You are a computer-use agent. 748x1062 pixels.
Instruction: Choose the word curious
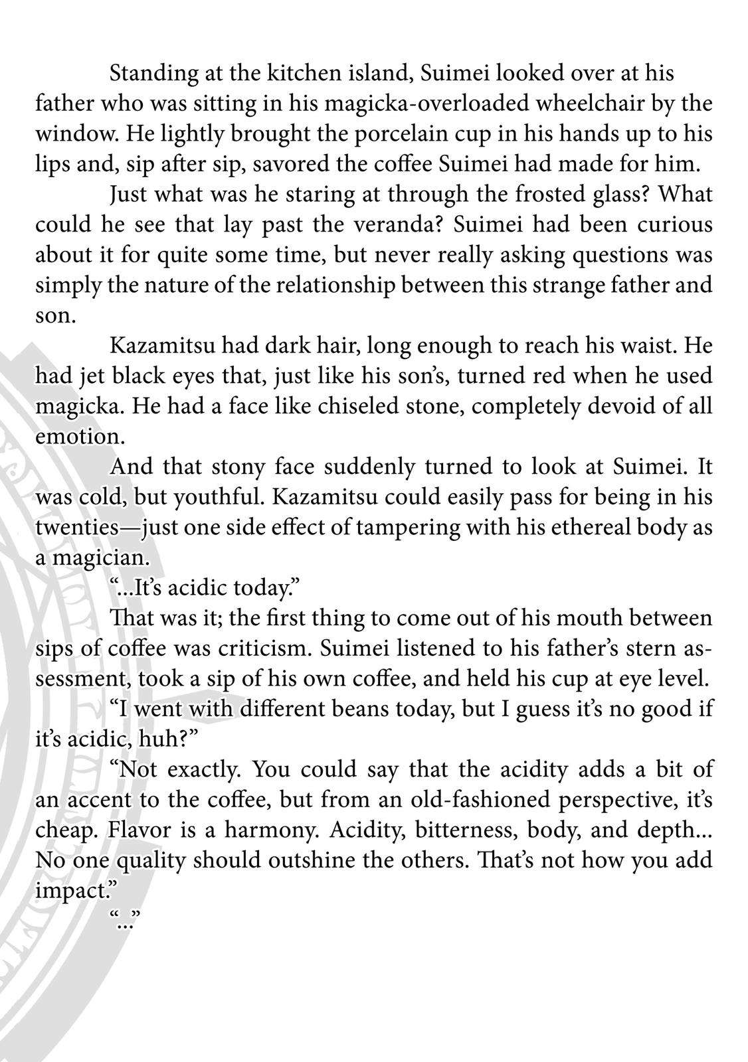pyautogui.click(x=675, y=225)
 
